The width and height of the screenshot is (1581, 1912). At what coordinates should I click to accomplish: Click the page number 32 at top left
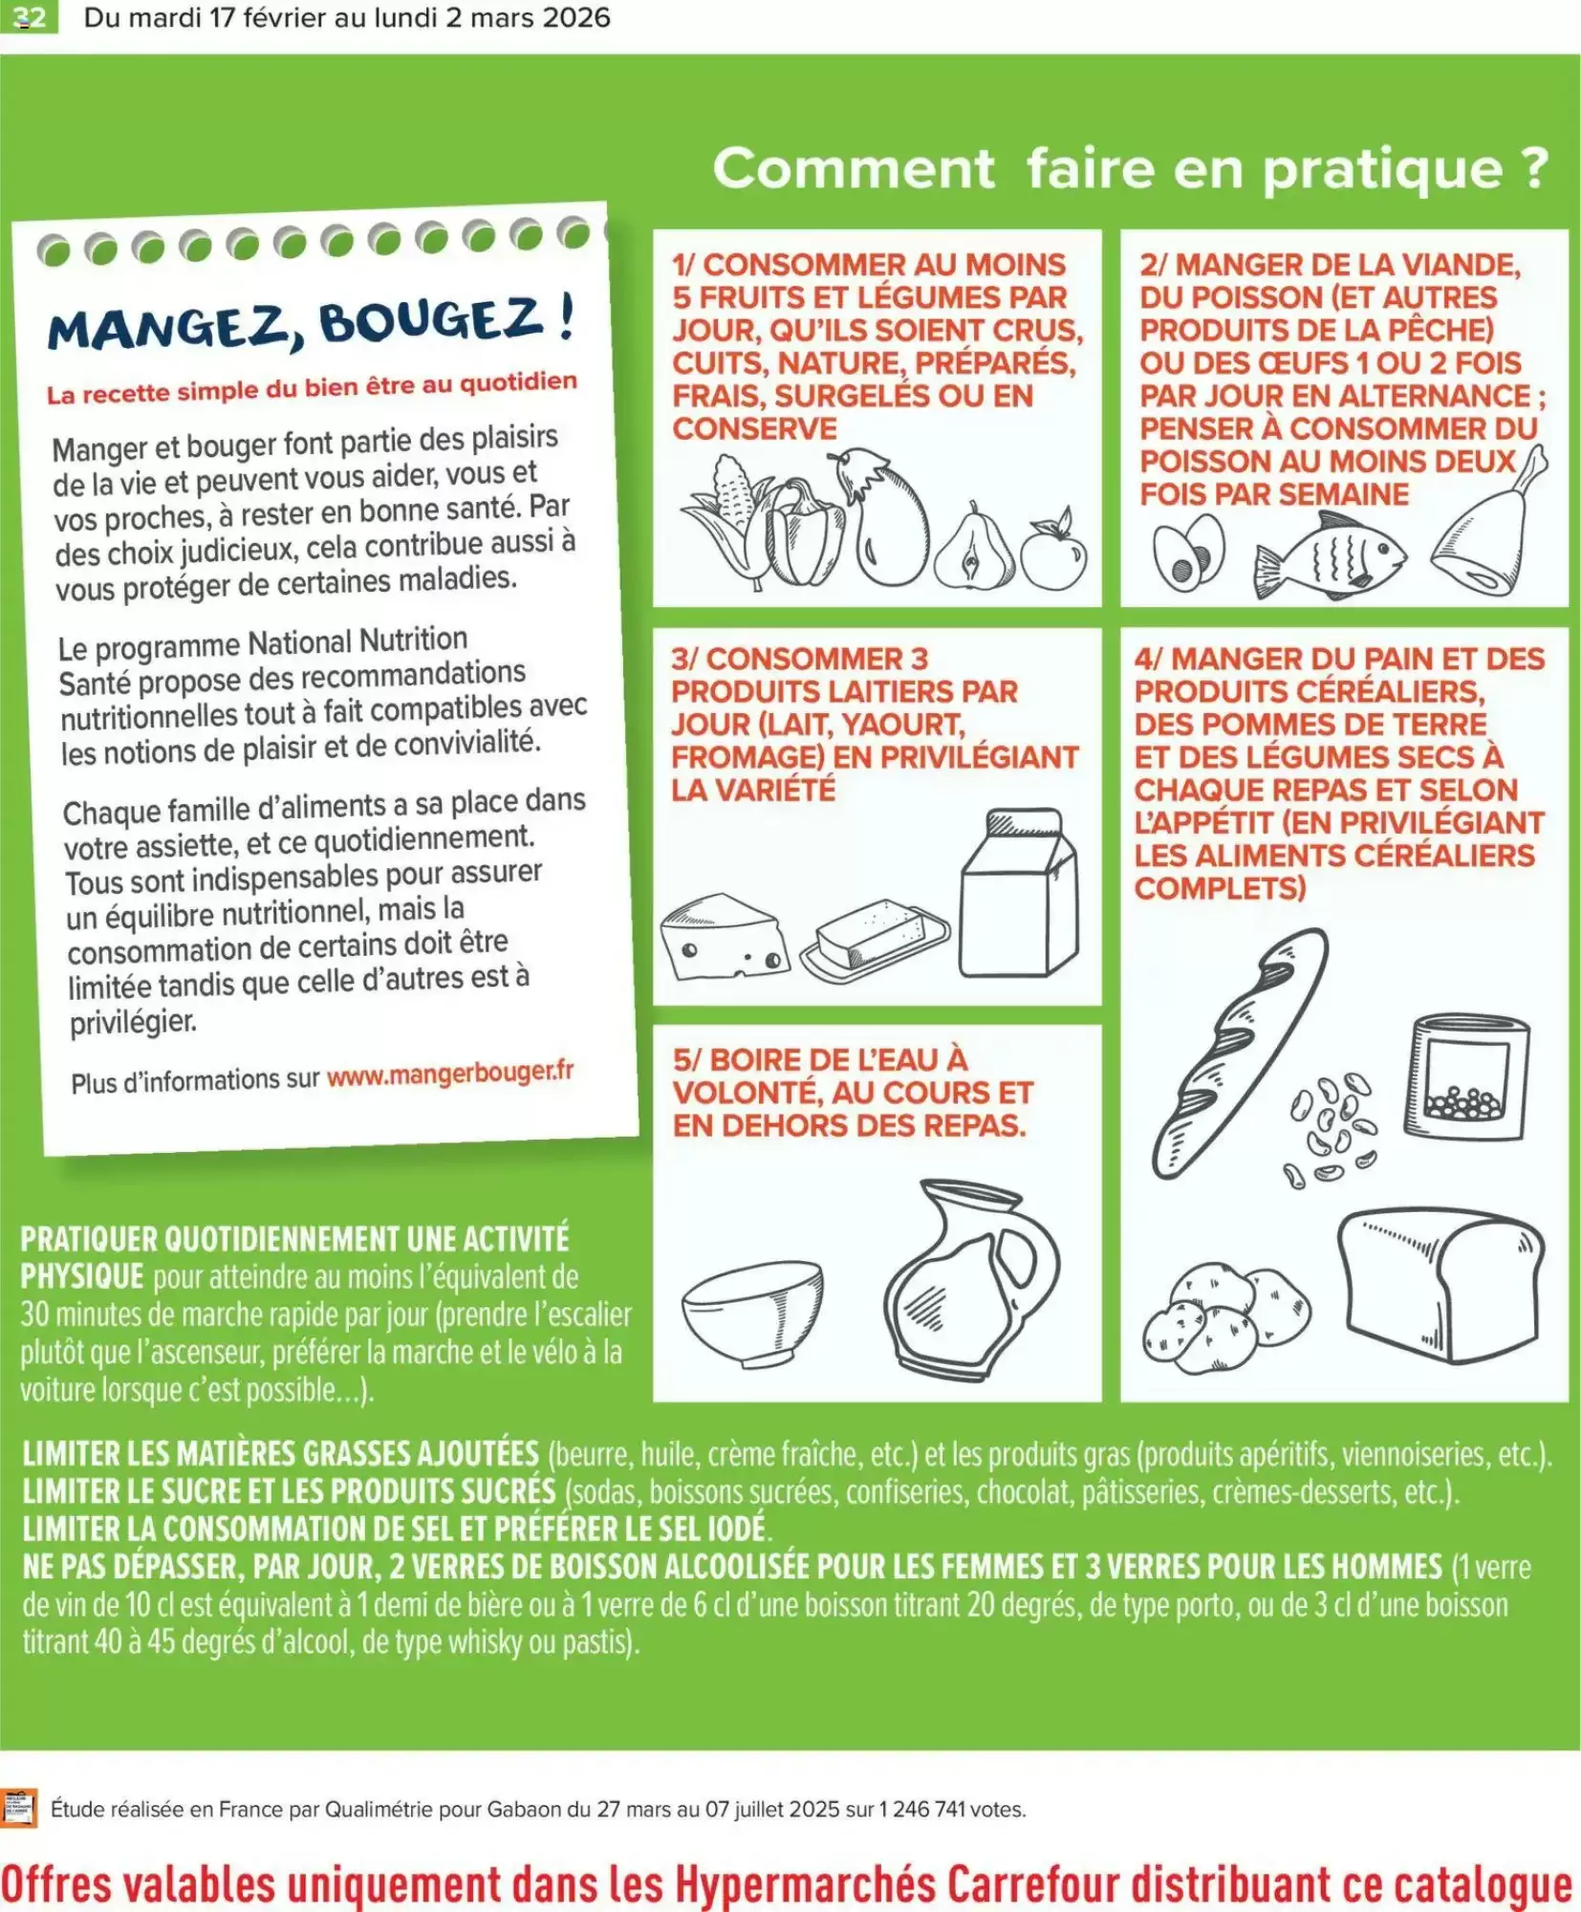(30, 17)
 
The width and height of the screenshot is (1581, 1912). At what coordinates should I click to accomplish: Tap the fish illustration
(1330, 555)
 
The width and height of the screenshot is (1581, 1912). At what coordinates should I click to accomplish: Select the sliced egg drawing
(1188, 554)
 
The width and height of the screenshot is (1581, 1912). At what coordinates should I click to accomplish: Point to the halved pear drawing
(973, 549)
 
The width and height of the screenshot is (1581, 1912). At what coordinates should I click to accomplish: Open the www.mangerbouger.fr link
(450, 1075)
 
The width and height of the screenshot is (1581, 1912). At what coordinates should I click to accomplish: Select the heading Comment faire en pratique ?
(1130, 169)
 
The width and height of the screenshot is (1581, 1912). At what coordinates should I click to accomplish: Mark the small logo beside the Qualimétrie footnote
(19, 1808)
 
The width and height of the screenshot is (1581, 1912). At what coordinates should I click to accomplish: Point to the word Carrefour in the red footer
(1032, 1884)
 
